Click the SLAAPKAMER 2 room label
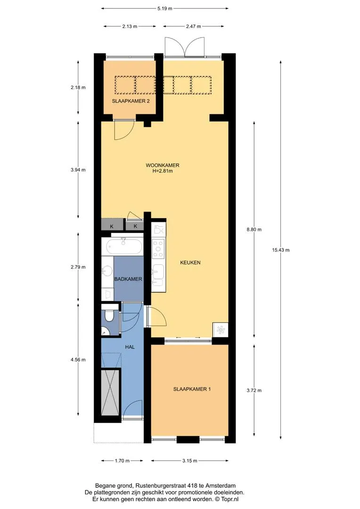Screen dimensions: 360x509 point(131,101)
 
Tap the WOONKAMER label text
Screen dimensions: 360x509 point(162,165)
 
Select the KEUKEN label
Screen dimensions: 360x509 point(190,263)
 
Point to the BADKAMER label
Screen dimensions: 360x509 point(128,279)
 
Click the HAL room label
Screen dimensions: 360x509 point(130,347)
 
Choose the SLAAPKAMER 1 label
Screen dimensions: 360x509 point(192,389)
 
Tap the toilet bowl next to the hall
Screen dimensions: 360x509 point(109,316)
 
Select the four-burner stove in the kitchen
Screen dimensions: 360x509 point(159,249)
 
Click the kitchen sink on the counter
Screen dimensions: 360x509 point(158,275)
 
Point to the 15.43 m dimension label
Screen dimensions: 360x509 point(281,250)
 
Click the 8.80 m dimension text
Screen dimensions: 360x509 point(254,230)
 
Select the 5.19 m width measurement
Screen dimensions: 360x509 point(164,8)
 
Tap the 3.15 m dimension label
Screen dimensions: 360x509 point(190,460)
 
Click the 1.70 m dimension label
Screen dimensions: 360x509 point(122,460)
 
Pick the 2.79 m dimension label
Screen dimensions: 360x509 point(78,267)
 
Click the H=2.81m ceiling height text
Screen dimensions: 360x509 point(162,171)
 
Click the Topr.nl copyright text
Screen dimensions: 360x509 point(230,499)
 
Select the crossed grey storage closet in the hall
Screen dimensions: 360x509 point(110,392)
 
